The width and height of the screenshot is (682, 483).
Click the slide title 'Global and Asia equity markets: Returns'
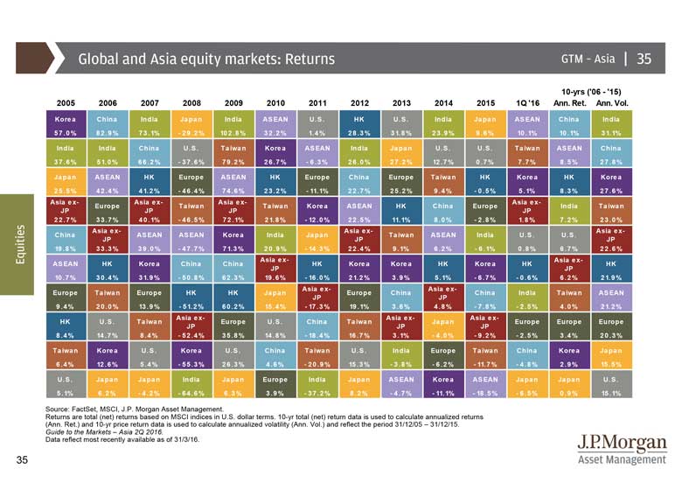pos(207,59)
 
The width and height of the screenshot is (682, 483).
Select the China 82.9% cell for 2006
pos(108,125)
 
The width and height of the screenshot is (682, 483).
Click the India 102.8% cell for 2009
pos(233,125)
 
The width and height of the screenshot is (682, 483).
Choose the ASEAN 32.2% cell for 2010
pos(275,125)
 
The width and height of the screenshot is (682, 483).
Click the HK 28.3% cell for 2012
pos(359,125)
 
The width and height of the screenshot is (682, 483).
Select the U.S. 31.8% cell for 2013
pos(401,125)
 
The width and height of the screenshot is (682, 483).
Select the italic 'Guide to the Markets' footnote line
pos(107,432)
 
